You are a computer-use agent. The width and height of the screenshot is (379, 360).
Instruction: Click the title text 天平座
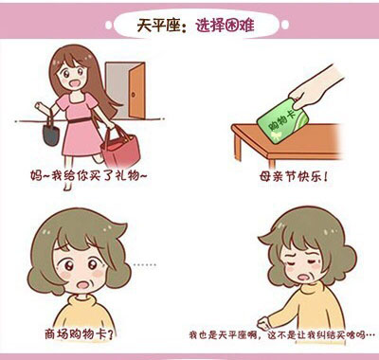point(158,26)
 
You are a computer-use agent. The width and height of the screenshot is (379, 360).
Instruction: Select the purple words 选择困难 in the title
point(225,26)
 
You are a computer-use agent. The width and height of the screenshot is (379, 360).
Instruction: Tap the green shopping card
point(282,121)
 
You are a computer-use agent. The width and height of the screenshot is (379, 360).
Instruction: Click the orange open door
point(136,91)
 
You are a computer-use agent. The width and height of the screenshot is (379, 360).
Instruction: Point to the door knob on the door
point(134,95)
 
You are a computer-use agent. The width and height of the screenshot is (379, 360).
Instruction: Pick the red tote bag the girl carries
point(121,148)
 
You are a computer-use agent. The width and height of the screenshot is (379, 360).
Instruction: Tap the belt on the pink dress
point(80,120)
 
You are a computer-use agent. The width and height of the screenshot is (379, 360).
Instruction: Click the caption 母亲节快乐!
point(294,176)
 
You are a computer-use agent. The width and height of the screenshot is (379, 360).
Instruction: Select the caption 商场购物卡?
point(80,334)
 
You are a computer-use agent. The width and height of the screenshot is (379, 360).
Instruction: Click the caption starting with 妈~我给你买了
point(89,175)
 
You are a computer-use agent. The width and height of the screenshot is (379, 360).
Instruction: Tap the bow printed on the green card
point(275,135)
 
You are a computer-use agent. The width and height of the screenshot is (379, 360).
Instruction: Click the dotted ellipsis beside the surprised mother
point(145,265)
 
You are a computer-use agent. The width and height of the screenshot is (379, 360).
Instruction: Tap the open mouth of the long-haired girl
point(76,84)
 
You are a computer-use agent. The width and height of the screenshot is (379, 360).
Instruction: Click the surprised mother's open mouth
point(83,285)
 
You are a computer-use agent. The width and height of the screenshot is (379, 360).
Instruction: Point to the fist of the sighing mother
point(263,323)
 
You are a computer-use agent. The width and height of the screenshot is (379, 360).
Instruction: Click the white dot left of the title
point(108,26)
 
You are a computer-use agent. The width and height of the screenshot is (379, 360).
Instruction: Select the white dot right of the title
point(285,25)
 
